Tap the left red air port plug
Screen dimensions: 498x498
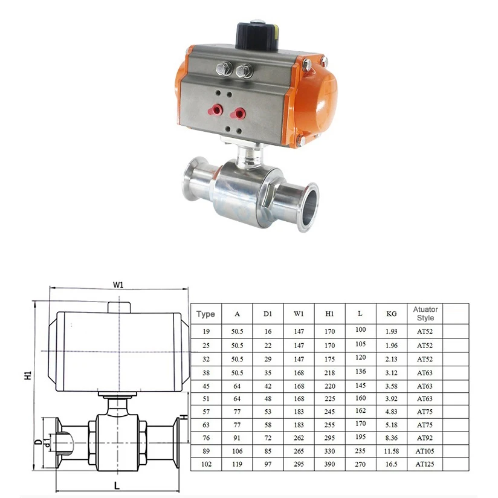coord(215,111)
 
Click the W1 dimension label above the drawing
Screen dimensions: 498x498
coord(118,285)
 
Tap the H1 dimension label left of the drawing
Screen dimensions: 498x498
coord(28,375)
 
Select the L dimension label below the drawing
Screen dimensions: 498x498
coord(117,485)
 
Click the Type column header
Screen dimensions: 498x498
coord(205,314)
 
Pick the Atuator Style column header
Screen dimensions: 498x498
coord(425,314)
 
